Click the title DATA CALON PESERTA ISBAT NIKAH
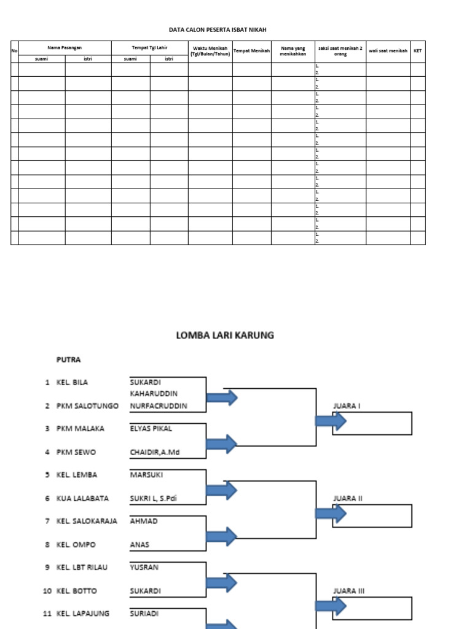pyautogui.click(x=218, y=29)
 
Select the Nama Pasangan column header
pyautogui.click(x=65, y=47)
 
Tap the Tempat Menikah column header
pyautogui.click(x=251, y=51)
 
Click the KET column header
pyautogui.click(x=417, y=51)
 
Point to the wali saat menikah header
pyautogui.click(x=388, y=51)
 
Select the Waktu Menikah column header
pyautogui.click(x=210, y=51)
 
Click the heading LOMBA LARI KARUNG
pyautogui.click(x=225, y=335)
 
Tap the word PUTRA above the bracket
pyautogui.click(x=68, y=360)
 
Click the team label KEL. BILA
pyautogui.click(x=72, y=382)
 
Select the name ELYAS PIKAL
pyautogui.click(x=149, y=429)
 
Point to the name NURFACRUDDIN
pyautogui.click(x=159, y=406)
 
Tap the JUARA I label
pyautogui.click(x=347, y=406)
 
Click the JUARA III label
pyautogui.click(x=348, y=591)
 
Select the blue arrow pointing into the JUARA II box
pyautogui.click(x=331, y=514)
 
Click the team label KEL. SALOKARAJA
pyautogui.click(x=87, y=521)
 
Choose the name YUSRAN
pyautogui.click(x=144, y=567)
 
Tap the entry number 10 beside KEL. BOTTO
pyautogui.click(x=47, y=591)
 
